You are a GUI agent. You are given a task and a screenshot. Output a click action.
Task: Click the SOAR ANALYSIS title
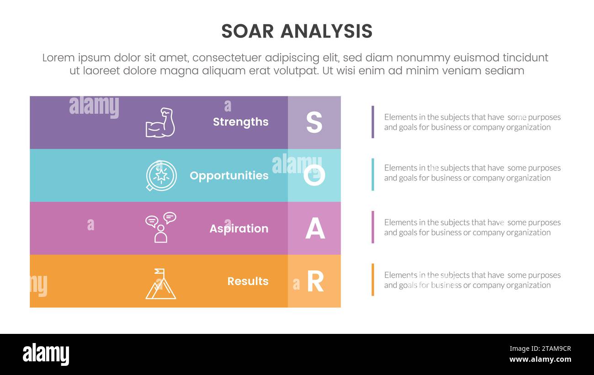pos(297,31)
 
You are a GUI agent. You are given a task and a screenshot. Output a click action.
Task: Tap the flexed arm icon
pos(160,122)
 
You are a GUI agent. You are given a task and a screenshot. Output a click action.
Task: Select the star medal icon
pos(161,175)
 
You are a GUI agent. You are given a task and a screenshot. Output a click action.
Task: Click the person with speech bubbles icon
pos(160,227)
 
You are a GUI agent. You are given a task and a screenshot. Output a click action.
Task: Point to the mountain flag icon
pos(160,284)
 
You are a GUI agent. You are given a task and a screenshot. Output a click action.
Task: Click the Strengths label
pos(240,122)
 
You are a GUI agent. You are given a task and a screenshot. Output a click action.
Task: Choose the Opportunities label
pos(229,175)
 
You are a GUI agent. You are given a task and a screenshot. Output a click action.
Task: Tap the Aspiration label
pos(239,228)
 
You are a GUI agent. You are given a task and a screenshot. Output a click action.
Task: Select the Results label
pos(248,281)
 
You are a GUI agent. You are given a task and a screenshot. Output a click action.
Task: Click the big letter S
pos(314,122)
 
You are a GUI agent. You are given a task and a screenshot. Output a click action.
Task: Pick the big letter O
pos(314,175)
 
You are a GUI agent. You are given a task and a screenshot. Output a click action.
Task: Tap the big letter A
pos(315,228)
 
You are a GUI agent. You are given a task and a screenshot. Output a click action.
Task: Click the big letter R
pos(315,281)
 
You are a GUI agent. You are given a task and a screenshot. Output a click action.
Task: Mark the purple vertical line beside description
pos(373,122)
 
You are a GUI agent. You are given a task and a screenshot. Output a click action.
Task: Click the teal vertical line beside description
pos(373,174)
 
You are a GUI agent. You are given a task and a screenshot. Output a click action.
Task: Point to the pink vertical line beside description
pos(373,227)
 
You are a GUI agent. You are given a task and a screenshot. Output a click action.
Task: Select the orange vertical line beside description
pos(373,280)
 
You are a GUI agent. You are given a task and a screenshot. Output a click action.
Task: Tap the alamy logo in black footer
pos(46,354)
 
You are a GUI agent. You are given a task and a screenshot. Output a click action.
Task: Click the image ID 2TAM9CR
pos(540,349)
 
